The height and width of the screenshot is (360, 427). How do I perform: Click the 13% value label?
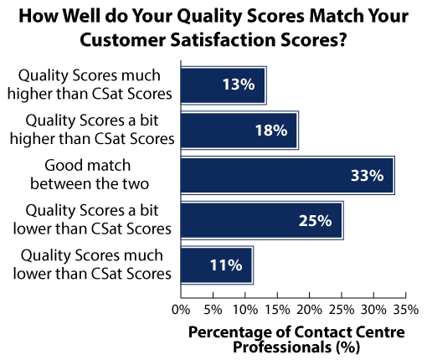[239, 84]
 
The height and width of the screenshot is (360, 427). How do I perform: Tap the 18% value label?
[271, 130]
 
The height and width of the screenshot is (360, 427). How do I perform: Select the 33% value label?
[368, 176]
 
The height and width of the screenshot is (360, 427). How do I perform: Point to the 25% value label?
[316, 220]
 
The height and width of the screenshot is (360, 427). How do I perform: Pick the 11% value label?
[226, 265]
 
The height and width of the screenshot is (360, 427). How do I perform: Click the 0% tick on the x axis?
[181, 310]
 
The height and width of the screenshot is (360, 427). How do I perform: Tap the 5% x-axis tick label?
[213, 310]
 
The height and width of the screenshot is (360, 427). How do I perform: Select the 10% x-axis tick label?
[245, 310]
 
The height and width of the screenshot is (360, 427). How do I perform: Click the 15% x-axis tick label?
[277, 310]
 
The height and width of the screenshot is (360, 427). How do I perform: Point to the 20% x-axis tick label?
[309, 310]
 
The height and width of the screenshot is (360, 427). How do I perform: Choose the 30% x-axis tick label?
[373, 310]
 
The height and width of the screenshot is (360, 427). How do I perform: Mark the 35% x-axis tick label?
[406, 310]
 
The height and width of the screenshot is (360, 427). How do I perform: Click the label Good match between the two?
[90, 174]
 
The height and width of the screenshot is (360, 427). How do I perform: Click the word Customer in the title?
[123, 39]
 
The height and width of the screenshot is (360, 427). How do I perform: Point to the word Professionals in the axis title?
[282, 347]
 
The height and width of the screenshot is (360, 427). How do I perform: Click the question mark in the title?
[342, 39]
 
